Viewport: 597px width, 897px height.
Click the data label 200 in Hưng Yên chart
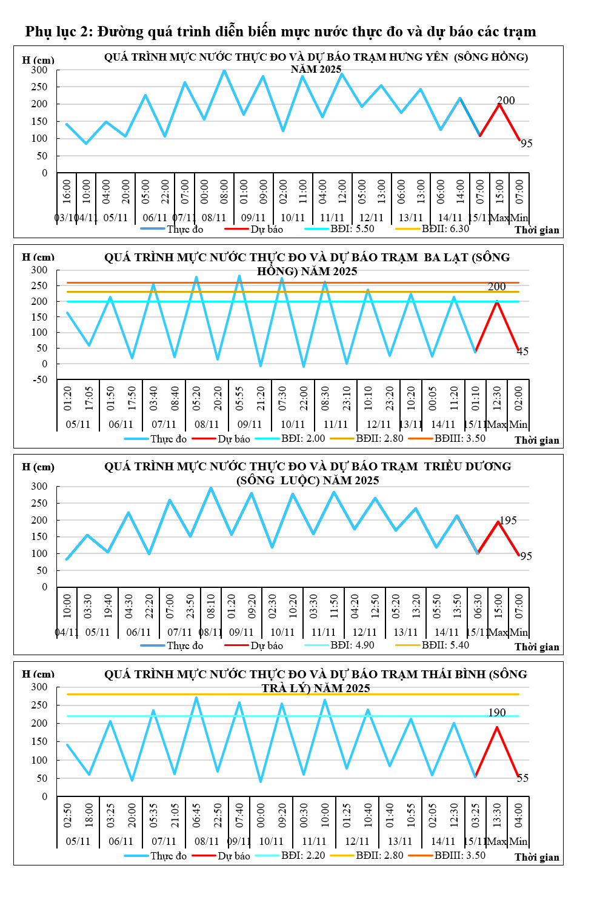pyautogui.click(x=505, y=101)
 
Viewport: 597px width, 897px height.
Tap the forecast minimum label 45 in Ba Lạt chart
pyautogui.click(x=522, y=352)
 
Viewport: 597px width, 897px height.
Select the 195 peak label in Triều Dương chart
pyautogui.click(x=508, y=521)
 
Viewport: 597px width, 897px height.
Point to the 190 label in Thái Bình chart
pyautogui.click(x=497, y=713)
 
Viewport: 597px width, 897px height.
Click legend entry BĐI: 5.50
pyautogui.click(x=352, y=229)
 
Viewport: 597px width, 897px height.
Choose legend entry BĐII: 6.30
pyautogui.click(x=445, y=229)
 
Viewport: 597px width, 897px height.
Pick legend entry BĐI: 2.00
pyautogui.click(x=303, y=439)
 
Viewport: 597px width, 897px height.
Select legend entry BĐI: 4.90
pyautogui.click(x=352, y=645)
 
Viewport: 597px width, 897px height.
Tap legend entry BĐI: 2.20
pyautogui.click(x=303, y=856)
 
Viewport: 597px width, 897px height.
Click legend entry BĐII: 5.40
pyautogui.click(x=445, y=645)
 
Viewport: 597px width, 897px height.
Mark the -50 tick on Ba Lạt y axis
pyautogui.click(x=39, y=380)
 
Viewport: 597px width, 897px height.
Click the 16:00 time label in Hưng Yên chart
pyautogui.click(x=67, y=191)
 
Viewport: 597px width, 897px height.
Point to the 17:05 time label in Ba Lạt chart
pyautogui.click(x=89, y=398)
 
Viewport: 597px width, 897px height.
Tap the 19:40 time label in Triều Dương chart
pyautogui.click(x=108, y=606)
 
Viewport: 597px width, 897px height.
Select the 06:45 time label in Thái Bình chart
pyautogui.click(x=196, y=816)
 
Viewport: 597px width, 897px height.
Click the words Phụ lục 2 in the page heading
pyautogui.click(x=58, y=32)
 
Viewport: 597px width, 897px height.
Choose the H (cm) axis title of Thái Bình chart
pyautogui.click(x=38, y=674)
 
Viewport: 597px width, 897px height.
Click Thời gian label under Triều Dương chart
pyautogui.click(x=537, y=647)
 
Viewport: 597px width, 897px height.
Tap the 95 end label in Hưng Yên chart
pyautogui.click(x=526, y=144)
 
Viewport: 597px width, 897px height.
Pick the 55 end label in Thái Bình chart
pyautogui.click(x=522, y=778)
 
